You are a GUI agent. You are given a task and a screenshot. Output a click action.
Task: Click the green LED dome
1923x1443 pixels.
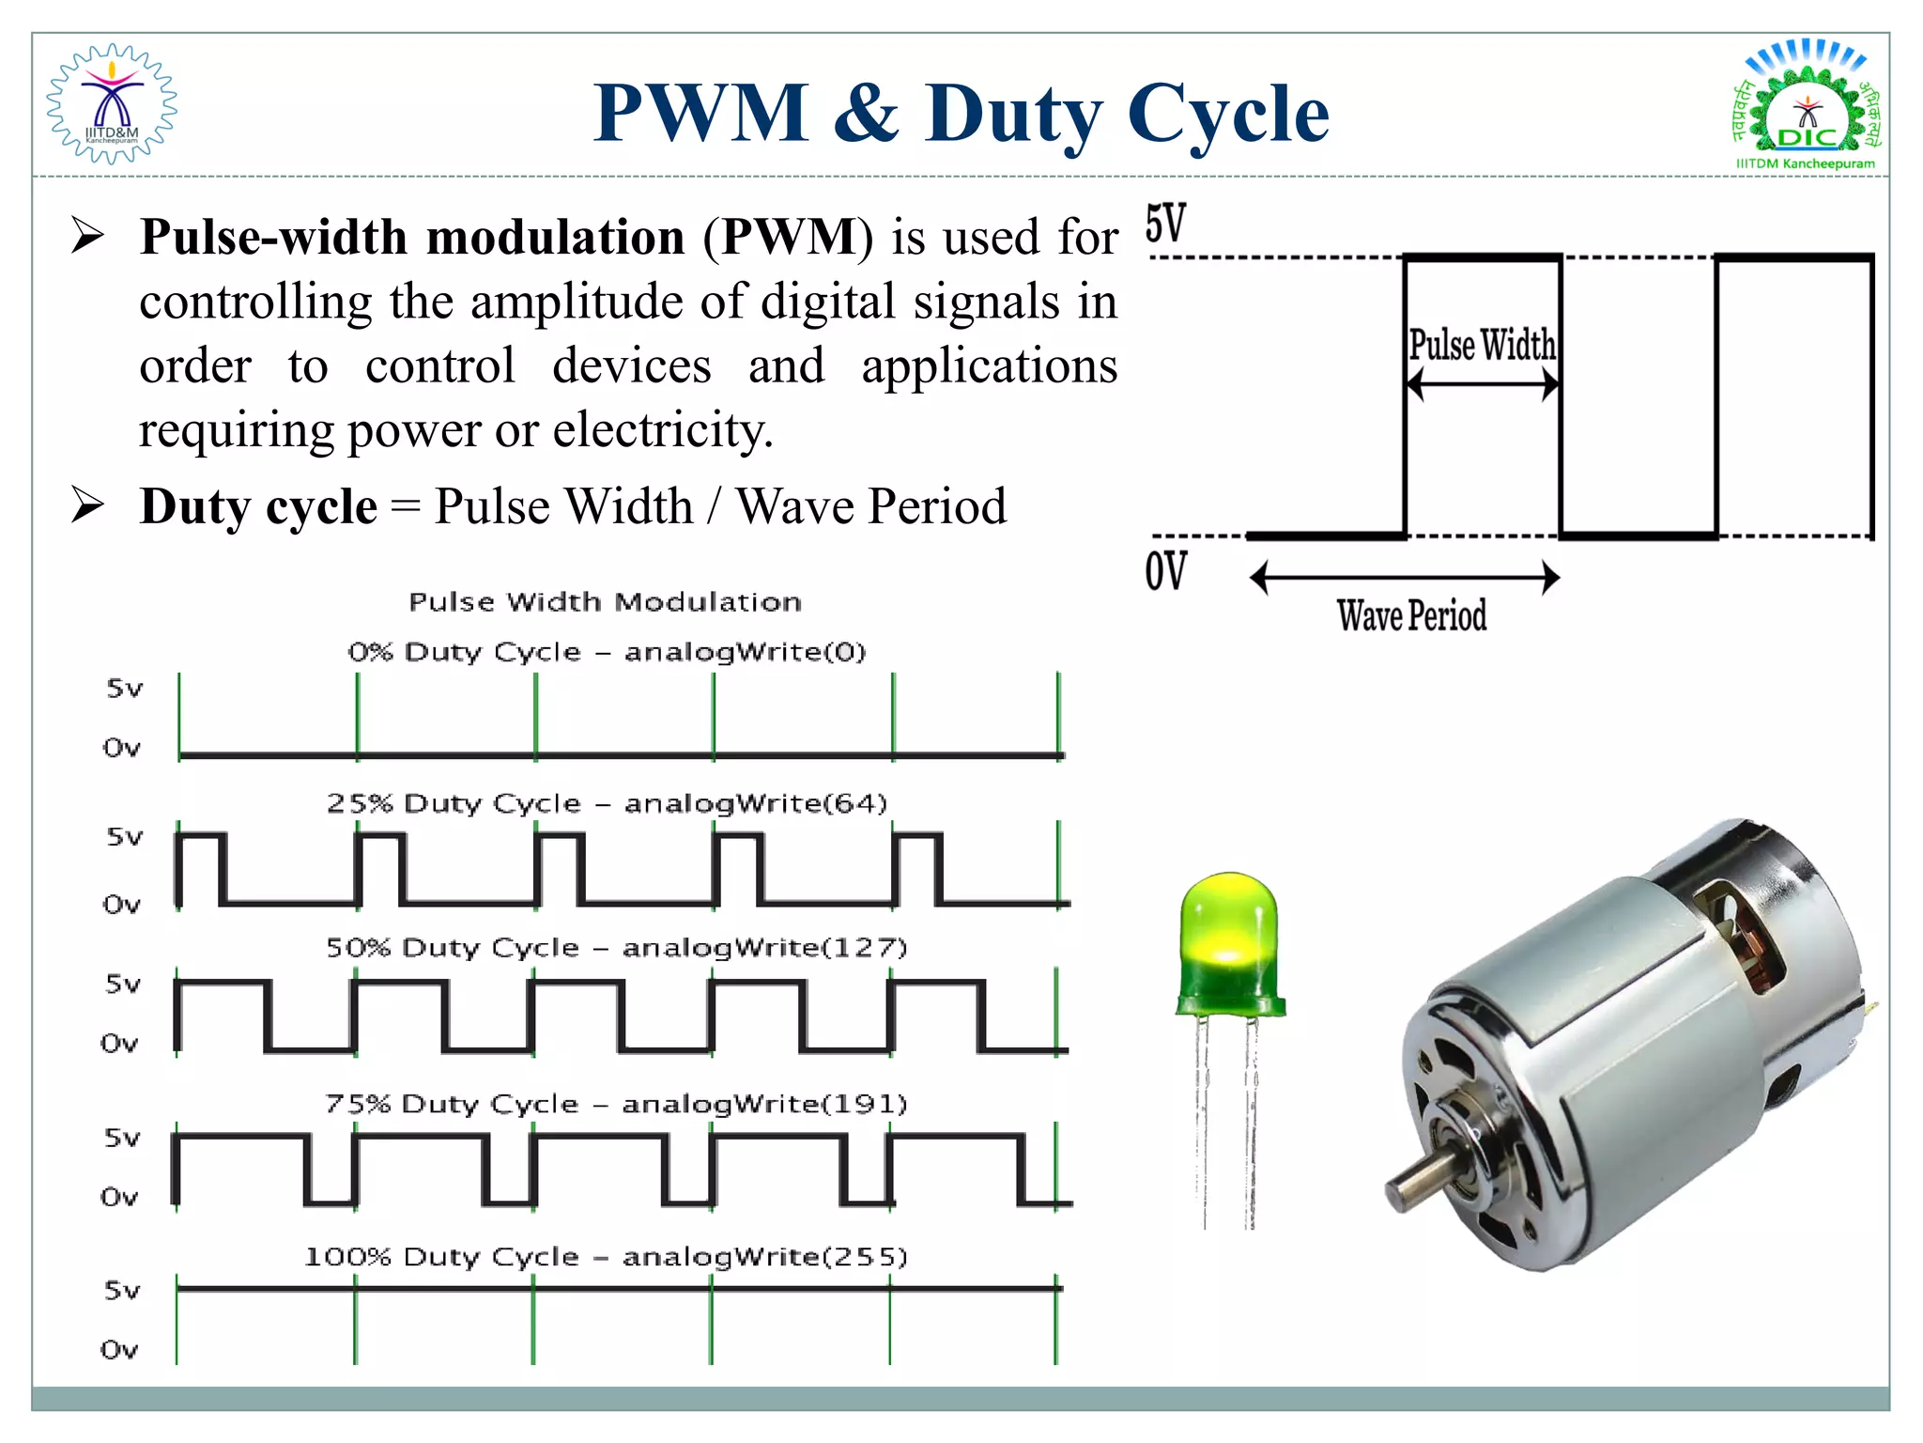point(1228,939)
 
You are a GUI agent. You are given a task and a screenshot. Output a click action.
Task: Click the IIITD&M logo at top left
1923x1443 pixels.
point(112,104)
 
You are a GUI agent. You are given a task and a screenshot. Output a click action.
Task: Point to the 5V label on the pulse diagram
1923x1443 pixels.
point(1165,224)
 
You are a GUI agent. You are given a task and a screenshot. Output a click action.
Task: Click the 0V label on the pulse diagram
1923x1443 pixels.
point(1165,570)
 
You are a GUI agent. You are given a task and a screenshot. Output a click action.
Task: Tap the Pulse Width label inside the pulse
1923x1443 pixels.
point(1482,345)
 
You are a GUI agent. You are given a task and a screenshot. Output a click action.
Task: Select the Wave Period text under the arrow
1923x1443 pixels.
point(1411,616)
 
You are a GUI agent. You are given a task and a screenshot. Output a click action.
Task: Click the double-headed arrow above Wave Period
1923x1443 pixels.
point(1405,577)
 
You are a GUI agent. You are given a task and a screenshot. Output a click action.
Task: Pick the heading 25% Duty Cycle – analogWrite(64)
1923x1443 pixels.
point(607,804)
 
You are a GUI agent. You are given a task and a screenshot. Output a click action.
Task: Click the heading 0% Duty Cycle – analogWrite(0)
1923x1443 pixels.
point(607,652)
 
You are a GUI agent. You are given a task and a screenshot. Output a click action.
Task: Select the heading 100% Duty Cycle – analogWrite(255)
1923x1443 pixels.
point(607,1257)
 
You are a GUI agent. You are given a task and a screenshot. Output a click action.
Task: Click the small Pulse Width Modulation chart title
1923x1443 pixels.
point(605,602)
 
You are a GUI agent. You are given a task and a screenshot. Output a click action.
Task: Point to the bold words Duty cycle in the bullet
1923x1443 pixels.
point(258,507)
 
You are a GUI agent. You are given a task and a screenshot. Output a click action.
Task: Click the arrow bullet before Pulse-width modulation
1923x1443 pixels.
point(88,236)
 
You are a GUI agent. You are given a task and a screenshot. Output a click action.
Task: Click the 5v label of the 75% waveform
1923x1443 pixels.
point(122,1139)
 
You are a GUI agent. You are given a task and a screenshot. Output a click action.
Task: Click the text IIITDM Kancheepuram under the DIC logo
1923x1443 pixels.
point(1805,163)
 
